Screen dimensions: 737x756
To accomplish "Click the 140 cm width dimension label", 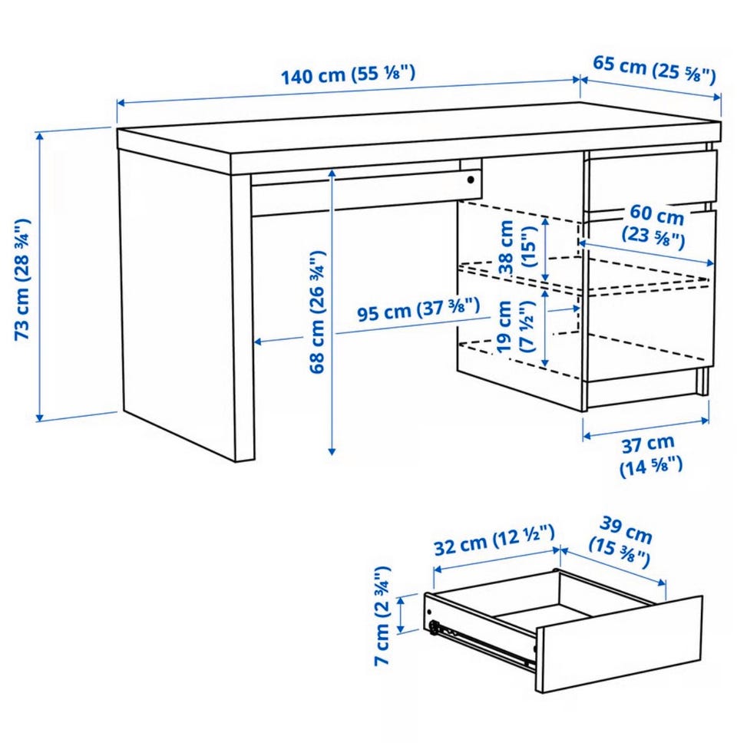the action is [x=348, y=74].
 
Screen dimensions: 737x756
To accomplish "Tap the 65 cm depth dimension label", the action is [x=654, y=69].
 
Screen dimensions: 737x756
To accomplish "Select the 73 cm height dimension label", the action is [x=23, y=279].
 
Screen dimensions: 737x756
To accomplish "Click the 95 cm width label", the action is [x=418, y=309].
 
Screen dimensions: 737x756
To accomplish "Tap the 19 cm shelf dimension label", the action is [x=515, y=326].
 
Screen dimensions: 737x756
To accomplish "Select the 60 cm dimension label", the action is [x=655, y=226].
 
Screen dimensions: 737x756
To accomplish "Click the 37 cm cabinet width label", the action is [x=650, y=455].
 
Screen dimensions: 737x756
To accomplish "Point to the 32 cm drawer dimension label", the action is [x=494, y=540].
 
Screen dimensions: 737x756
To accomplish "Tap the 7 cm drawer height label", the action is [x=382, y=616].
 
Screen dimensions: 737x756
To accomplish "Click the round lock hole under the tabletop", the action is [x=471, y=180].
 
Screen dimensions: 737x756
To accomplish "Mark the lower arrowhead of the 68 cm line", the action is [x=332, y=451].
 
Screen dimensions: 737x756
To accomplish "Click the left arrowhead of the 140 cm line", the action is [x=121, y=103].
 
